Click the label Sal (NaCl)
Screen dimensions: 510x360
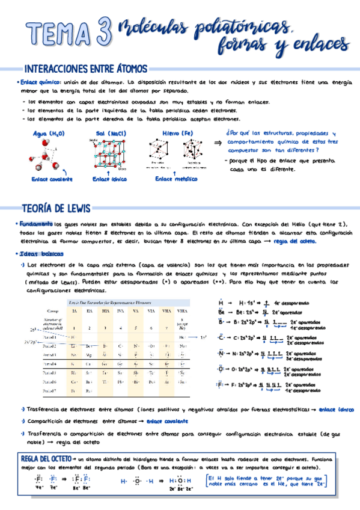(111, 134)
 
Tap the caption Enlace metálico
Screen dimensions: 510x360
(177, 179)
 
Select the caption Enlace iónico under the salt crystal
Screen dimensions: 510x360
(109, 179)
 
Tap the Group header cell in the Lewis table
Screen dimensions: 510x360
(52, 311)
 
